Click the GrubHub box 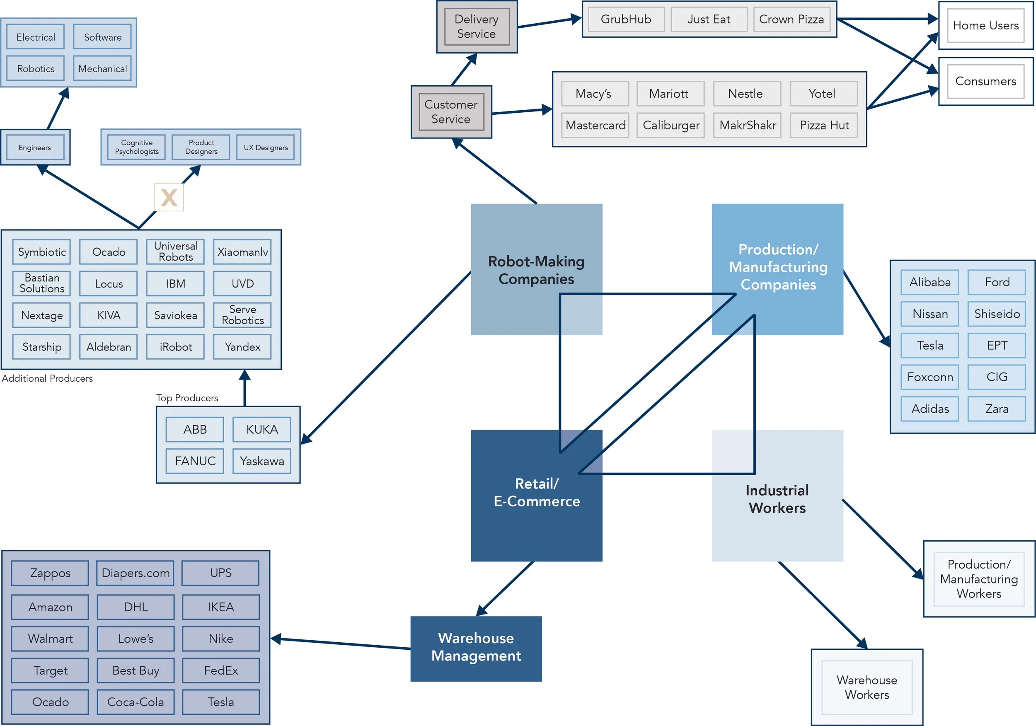626,19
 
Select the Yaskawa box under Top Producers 262,461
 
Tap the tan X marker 169,198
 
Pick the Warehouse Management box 476,649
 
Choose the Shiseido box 997,314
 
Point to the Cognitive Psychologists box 137,147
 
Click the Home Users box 985,25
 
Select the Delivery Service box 477,27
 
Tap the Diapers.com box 136,573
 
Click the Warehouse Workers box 867,687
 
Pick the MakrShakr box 747,125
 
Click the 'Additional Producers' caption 47,378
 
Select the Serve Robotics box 242,315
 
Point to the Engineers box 35,148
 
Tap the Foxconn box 930,377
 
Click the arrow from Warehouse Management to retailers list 343,644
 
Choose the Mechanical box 102,69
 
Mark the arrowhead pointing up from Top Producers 244,375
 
